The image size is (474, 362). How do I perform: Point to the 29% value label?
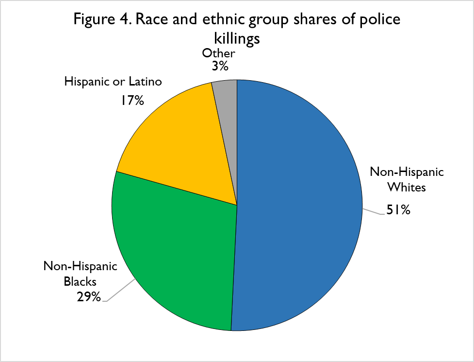click(x=89, y=296)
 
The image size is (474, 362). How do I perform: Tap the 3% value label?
click(x=220, y=66)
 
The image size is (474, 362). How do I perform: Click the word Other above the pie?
click(x=219, y=53)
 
